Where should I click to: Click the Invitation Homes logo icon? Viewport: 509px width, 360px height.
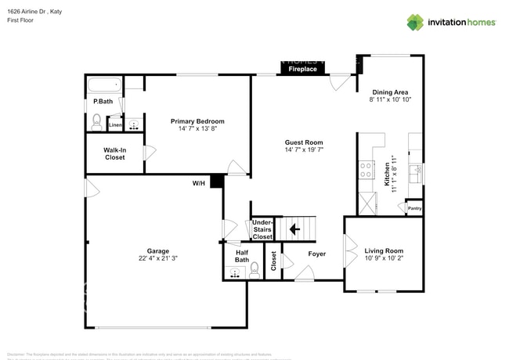(x=415, y=22)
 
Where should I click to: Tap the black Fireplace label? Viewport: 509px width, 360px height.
(x=302, y=70)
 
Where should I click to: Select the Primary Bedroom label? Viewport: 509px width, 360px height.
(x=197, y=121)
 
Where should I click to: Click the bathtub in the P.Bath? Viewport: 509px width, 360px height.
(x=102, y=85)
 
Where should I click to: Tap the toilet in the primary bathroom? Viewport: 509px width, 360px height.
(x=97, y=121)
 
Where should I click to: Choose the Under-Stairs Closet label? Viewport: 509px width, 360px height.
(x=262, y=229)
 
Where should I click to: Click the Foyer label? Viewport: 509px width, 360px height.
(x=316, y=254)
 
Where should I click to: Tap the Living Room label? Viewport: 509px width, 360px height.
(x=383, y=251)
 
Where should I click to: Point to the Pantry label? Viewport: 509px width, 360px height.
(x=413, y=208)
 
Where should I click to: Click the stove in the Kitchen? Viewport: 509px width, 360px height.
(x=366, y=169)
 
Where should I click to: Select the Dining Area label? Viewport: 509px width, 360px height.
(x=389, y=92)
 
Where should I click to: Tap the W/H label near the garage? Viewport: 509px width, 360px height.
(x=199, y=183)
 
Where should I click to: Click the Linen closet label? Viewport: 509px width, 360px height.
(x=115, y=125)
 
